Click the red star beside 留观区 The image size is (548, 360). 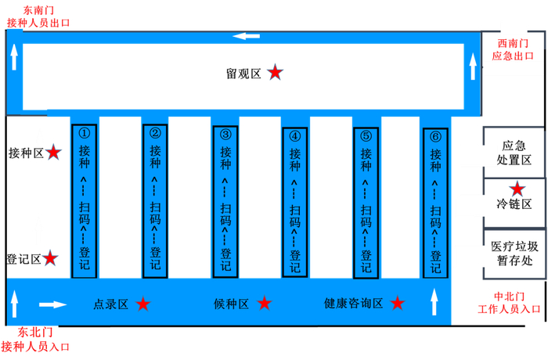tap(275, 73)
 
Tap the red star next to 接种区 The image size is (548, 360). tap(53, 152)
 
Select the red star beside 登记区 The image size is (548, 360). tap(50, 257)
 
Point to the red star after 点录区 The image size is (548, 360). tap(142, 304)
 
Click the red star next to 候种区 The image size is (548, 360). tap(265, 304)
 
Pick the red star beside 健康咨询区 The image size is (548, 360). tap(398, 304)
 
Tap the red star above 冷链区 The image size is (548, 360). tap(517, 189)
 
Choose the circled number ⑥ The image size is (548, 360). tap(435, 135)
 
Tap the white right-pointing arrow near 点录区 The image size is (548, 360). tap(53, 304)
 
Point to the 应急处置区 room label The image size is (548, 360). tap(514, 153)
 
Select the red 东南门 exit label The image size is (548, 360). tap(38, 16)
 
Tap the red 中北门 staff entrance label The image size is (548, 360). tap(508, 303)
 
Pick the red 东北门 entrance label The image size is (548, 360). tap(35, 339)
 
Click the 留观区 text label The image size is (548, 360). tap(243, 74)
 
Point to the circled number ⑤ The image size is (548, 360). tap(366, 134)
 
